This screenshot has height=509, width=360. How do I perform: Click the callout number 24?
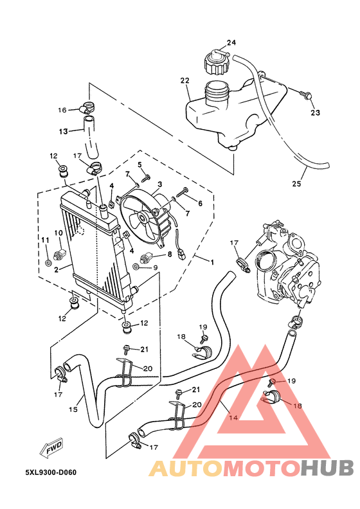[231, 42]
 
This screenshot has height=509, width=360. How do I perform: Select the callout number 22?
[184, 81]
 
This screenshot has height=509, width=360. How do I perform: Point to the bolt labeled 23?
[306, 95]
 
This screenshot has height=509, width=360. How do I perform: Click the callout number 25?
[296, 184]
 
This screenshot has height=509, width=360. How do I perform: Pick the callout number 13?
[64, 132]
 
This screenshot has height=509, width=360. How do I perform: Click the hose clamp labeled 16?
[89, 109]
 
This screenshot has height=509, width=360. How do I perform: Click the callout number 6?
[200, 203]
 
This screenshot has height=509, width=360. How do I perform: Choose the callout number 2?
[57, 270]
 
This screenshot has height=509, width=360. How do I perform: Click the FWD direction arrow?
[53, 449]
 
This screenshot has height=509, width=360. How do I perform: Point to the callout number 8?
[169, 254]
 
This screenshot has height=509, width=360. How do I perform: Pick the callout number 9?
[155, 267]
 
